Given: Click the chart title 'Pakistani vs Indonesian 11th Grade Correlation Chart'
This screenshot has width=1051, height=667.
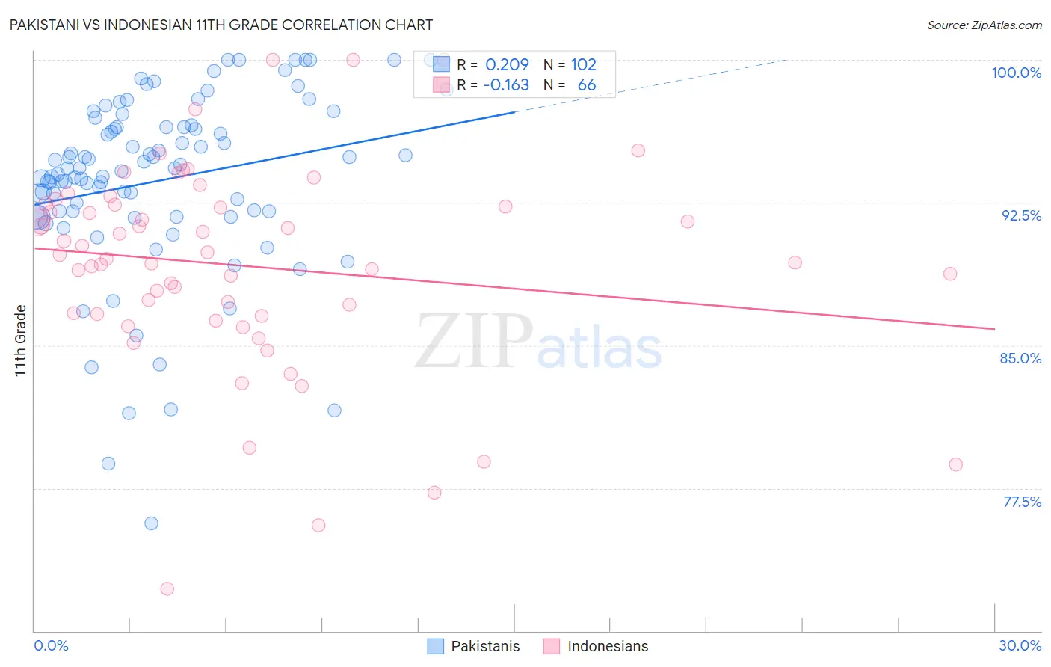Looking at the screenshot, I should tap(221, 25).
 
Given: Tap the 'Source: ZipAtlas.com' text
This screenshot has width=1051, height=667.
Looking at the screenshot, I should tap(984, 25).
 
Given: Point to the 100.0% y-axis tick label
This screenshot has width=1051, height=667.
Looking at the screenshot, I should tap(1016, 73).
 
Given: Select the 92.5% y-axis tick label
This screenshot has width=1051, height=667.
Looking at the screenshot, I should tap(1021, 215).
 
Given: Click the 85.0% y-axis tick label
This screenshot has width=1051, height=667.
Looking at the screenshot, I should tap(1020, 358).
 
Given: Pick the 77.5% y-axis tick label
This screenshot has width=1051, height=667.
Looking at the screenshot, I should tap(1022, 502).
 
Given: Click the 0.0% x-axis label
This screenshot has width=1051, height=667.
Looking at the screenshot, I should tap(51, 645).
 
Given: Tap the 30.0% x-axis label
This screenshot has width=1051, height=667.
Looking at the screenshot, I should tap(1020, 645).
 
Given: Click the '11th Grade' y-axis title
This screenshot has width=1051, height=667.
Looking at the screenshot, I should tap(21, 340).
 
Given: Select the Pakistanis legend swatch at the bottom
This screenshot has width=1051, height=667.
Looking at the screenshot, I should tap(435, 646).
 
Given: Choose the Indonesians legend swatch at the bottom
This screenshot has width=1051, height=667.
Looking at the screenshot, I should tap(552, 646).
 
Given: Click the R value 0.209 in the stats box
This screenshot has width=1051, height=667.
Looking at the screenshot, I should tap(507, 65).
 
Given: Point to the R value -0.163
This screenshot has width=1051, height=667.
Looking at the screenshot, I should tap(505, 85).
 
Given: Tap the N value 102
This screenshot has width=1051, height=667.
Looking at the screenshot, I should tap(583, 65).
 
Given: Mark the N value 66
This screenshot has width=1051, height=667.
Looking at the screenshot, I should tap(586, 85).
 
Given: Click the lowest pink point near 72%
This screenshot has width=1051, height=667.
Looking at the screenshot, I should tap(167, 588).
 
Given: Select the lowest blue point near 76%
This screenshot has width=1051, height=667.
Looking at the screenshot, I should tap(151, 523).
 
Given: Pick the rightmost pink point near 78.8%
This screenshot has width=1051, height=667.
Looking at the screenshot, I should tap(955, 464).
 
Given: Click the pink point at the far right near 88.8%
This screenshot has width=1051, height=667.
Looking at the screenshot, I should tap(950, 274).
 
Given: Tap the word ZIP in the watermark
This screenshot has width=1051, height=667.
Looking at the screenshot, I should tap(473, 341).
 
